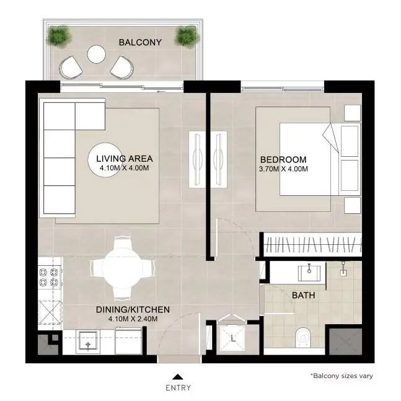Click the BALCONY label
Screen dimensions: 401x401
[140, 42]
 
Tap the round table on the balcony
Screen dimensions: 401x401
[97, 54]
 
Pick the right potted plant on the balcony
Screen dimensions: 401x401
[186, 35]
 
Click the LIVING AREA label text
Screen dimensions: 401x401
[125, 159]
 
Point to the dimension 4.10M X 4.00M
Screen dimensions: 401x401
[125, 168]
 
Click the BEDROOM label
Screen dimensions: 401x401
[283, 159]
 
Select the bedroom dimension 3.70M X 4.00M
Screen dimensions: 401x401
[283, 169]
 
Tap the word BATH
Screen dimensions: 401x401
[303, 296]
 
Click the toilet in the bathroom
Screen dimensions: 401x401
[303, 338]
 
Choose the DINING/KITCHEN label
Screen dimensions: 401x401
[133, 310]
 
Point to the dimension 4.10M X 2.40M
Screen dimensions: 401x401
[133, 319]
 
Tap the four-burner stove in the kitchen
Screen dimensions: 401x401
[50, 277]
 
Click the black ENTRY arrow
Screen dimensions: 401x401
[178, 376]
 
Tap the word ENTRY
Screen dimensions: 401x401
[178, 388]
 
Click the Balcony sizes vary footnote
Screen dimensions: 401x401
[342, 376]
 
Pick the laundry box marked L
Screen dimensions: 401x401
[231, 340]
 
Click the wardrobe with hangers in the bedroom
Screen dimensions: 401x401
[312, 244]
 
